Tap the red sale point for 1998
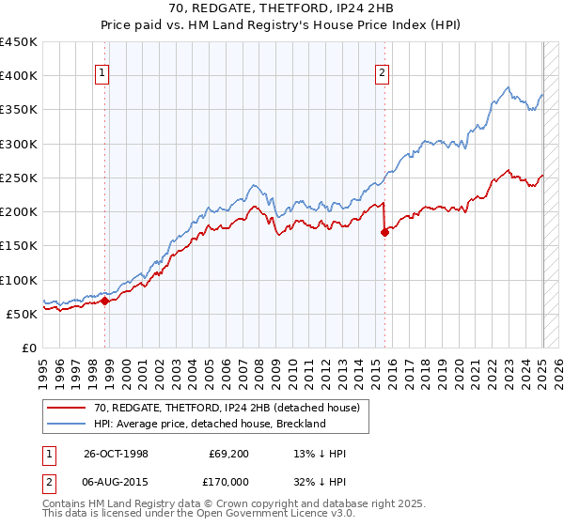coord(105,302)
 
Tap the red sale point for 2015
coord(384,233)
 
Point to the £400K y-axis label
coord(19,76)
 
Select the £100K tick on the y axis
coord(19,280)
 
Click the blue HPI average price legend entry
coord(209,424)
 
